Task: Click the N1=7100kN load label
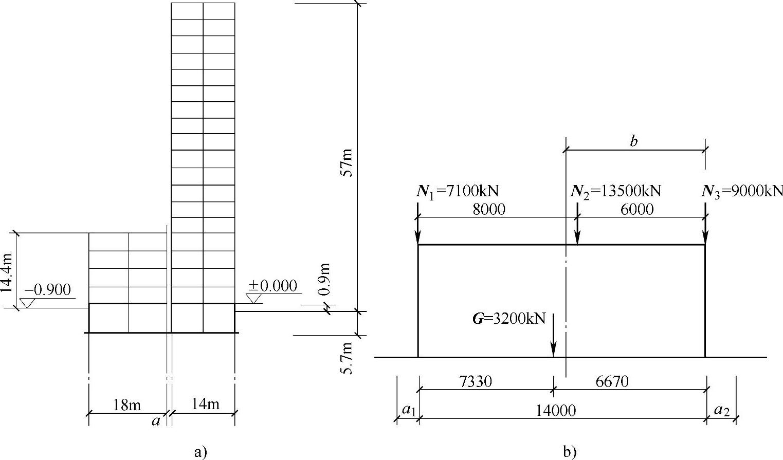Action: (457, 192)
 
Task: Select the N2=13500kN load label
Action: (616, 192)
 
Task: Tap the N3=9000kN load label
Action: (742, 192)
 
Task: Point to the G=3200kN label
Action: (508, 319)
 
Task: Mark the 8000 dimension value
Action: (489, 209)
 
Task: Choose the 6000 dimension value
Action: (637, 209)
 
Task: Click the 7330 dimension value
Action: (476, 381)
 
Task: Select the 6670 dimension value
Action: (612, 381)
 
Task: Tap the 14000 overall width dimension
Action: (556, 411)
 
